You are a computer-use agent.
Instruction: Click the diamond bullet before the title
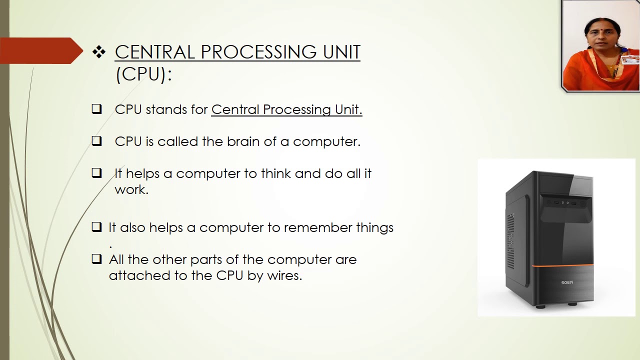tap(98, 52)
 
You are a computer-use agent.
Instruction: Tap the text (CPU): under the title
tap(143, 74)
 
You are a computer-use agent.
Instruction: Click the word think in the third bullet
tap(275, 173)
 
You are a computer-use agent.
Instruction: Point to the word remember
tap(318, 227)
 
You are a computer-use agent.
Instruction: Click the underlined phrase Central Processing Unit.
tap(286, 109)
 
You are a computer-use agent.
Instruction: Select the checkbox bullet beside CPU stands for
tap(96, 109)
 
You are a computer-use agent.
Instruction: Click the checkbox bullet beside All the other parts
tap(96, 259)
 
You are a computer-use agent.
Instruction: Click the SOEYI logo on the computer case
tap(567, 282)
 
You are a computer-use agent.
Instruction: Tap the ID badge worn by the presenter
tap(629, 60)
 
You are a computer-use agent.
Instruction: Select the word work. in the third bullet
tap(131, 189)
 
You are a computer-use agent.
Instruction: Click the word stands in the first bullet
tap(161, 109)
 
